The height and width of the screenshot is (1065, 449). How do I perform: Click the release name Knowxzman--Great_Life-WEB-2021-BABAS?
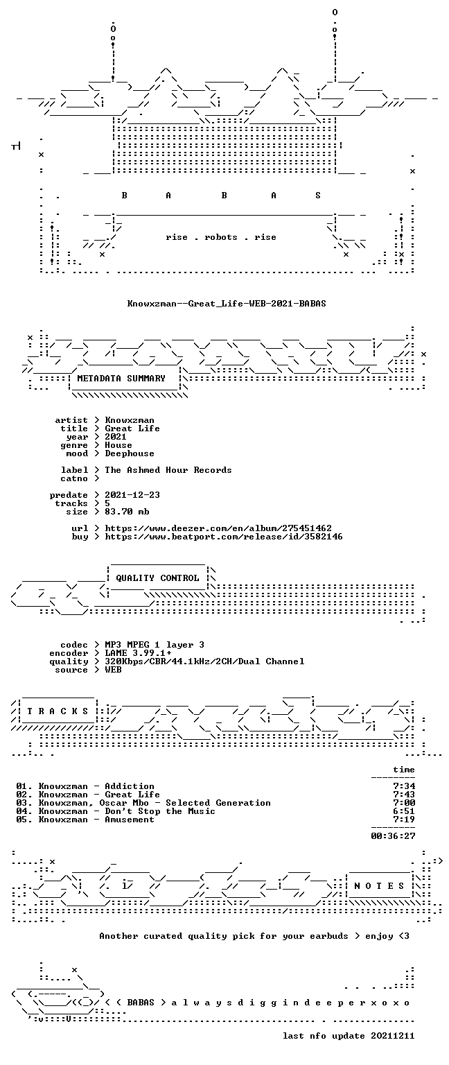(x=227, y=303)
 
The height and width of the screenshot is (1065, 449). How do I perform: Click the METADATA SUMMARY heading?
(x=121, y=379)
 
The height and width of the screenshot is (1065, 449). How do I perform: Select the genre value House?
(x=118, y=445)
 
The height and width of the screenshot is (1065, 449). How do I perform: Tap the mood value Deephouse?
(x=130, y=453)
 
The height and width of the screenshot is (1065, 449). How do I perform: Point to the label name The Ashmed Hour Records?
(x=168, y=470)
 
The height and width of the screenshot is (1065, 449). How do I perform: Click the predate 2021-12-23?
(x=132, y=495)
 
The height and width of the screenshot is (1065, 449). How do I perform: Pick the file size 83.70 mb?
(x=127, y=512)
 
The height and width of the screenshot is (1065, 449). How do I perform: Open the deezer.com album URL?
(x=218, y=528)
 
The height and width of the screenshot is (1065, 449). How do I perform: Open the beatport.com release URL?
(x=223, y=537)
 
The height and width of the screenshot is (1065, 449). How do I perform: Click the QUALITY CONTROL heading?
(x=157, y=578)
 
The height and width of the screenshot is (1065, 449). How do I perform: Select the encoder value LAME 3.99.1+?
(x=138, y=653)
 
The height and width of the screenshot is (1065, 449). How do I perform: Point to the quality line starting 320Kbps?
(x=204, y=661)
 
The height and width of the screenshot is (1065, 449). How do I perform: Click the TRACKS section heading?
(x=58, y=711)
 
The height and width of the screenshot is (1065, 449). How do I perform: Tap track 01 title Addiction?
(x=130, y=786)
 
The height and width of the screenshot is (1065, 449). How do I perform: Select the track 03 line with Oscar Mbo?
(x=143, y=803)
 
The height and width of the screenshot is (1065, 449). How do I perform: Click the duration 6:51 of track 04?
(x=404, y=811)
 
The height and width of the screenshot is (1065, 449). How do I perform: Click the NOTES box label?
(x=379, y=886)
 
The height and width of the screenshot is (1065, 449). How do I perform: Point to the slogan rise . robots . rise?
(x=221, y=237)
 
